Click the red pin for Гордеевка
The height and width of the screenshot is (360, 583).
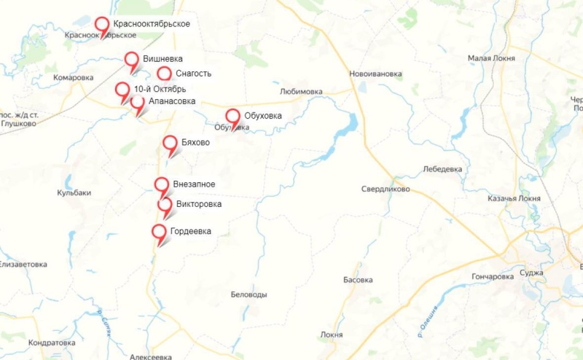pyautogui.click(x=159, y=232)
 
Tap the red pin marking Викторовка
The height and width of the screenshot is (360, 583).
pyautogui.click(x=165, y=205)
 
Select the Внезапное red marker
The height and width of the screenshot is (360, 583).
pyautogui.click(x=162, y=184)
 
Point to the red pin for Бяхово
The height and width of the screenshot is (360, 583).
pyautogui.click(x=170, y=144)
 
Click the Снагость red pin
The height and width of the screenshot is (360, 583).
pyautogui.click(x=164, y=74)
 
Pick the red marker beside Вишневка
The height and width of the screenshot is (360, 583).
pyautogui.click(x=132, y=60)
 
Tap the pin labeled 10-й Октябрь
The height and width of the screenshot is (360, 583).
pyautogui.click(x=122, y=90)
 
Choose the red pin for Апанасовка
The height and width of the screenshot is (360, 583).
pyautogui.click(x=137, y=103)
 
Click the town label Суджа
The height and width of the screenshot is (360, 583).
pyautogui.click(x=532, y=273)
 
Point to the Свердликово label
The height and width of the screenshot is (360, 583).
pyautogui.click(x=386, y=189)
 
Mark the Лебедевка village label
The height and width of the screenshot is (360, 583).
pyautogui.click(x=442, y=169)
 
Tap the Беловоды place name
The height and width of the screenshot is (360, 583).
pyautogui.click(x=249, y=294)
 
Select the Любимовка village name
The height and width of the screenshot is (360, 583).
pyautogui.click(x=300, y=92)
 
